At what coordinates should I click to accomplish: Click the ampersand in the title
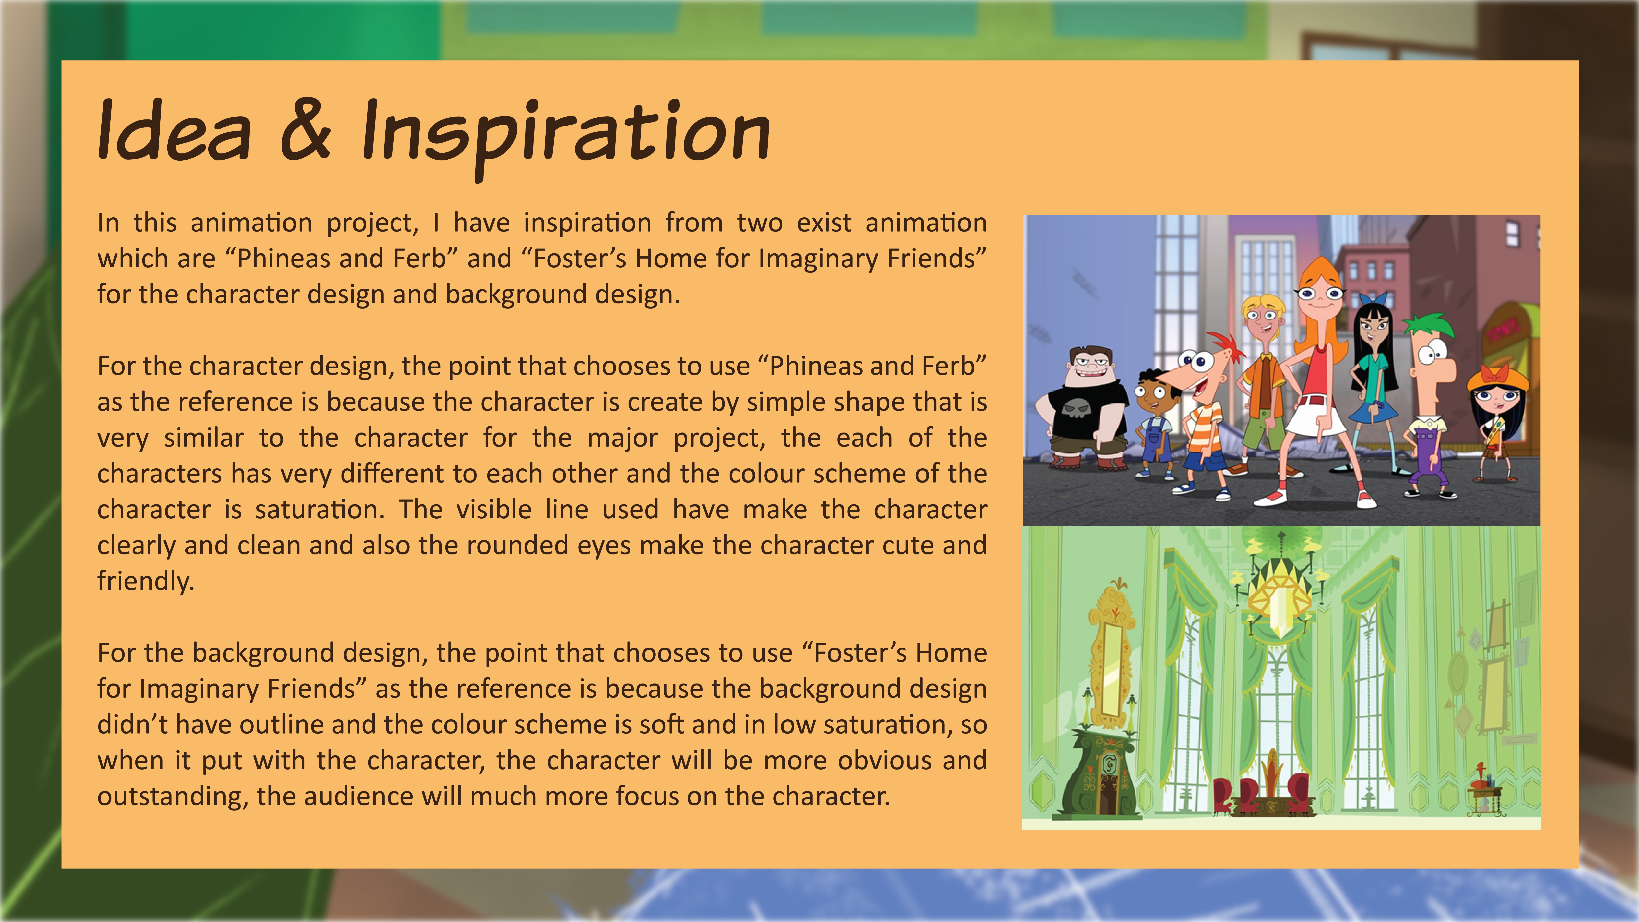click(x=306, y=131)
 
